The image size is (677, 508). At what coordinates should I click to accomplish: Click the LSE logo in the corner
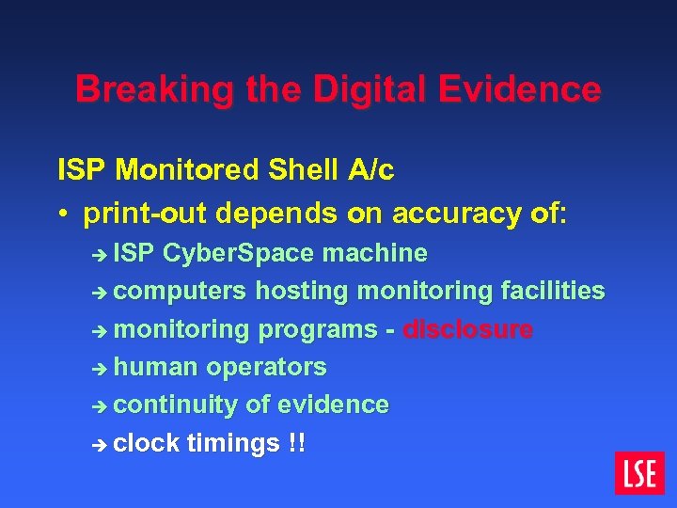click(x=639, y=472)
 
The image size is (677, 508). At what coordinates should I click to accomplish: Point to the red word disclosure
click(x=468, y=329)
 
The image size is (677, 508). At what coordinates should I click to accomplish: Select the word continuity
click(x=176, y=405)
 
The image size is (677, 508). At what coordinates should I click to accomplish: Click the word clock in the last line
click(x=147, y=442)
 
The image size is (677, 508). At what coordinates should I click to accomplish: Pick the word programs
click(x=318, y=330)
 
